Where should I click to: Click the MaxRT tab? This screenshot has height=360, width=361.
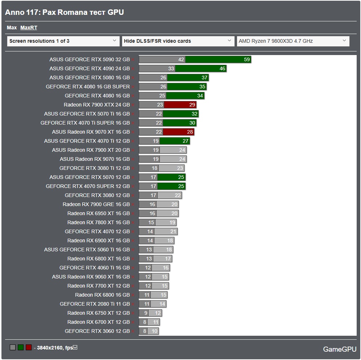click(29, 28)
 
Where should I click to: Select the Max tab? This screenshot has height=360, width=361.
click(12, 28)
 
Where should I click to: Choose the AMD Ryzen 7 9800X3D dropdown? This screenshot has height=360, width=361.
click(293, 41)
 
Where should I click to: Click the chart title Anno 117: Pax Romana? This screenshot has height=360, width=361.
click(64, 12)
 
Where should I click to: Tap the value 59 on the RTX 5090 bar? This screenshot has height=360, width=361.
click(247, 59)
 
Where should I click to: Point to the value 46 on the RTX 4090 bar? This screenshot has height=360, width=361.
click(222, 68)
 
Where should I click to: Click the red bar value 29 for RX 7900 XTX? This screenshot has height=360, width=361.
click(192, 105)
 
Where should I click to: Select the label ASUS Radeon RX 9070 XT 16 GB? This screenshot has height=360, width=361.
click(91, 132)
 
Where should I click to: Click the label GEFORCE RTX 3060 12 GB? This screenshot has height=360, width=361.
click(97, 331)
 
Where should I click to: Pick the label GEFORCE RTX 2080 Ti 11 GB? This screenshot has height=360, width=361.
click(95, 304)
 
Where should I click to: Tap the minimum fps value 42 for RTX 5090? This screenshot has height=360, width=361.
click(181, 59)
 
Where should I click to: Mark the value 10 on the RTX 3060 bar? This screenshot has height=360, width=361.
click(154, 331)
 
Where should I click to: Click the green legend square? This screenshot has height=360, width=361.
click(21, 347)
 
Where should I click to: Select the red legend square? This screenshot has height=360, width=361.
click(29, 347)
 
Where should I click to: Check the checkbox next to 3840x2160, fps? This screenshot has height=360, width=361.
click(75, 347)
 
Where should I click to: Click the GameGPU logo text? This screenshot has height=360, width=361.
click(340, 349)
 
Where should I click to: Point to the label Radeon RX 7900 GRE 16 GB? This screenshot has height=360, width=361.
click(96, 204)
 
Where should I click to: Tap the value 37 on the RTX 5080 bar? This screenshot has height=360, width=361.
click(204, 78)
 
